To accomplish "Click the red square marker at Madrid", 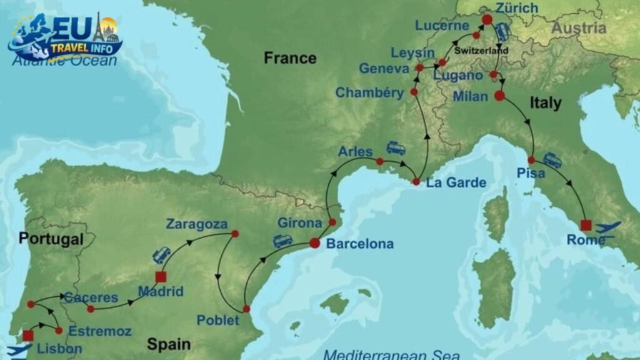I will (x=161, y=277).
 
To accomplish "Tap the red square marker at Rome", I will (x=586, y=226).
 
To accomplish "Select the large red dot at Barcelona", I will (x=314, y=244).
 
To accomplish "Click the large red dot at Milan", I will (x=499, y=96).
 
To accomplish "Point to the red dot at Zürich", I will (x=487, y=20).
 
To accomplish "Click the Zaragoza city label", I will (x=197, y=224).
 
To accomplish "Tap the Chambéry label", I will (x=369, y=92).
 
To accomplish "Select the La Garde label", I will (x=456, y=183).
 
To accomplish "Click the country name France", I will (x=290, y=58).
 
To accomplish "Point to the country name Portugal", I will (x=51, y=239).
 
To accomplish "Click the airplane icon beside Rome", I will (x=608, y=227).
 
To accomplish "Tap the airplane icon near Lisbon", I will (x=18, y=350).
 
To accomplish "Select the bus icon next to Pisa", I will (x=552, y=161).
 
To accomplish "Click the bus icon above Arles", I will (x=396, y=148).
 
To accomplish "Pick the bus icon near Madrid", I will (x=161, y=255).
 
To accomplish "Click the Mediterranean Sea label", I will (x=383, y=354).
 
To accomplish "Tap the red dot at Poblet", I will (x=246, y=309).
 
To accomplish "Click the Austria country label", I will (x=578, y=28).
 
